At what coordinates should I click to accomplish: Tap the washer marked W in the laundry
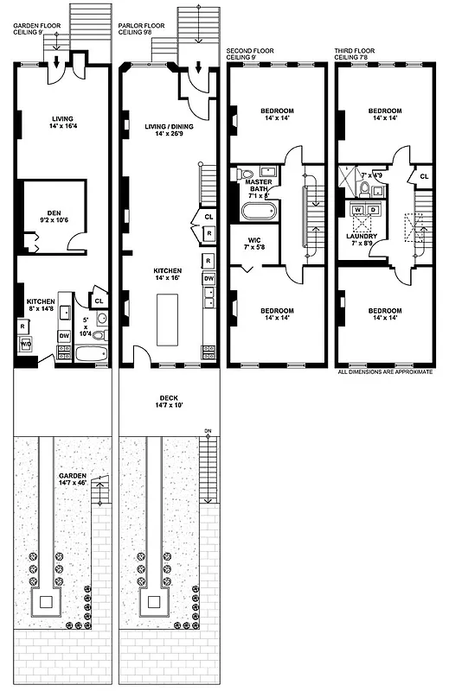pos(356,210)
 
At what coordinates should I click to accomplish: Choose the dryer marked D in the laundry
pos(372,210)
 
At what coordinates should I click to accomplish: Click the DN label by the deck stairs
pos(207,429)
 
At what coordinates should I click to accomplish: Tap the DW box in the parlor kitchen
pos(208,278)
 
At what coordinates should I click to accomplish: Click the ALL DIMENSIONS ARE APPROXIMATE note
pos(387,372)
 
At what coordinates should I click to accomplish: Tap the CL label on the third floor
pos(423,176)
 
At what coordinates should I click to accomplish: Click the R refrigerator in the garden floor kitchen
pos(22,326)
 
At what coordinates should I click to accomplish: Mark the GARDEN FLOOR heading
pos(38,26)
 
